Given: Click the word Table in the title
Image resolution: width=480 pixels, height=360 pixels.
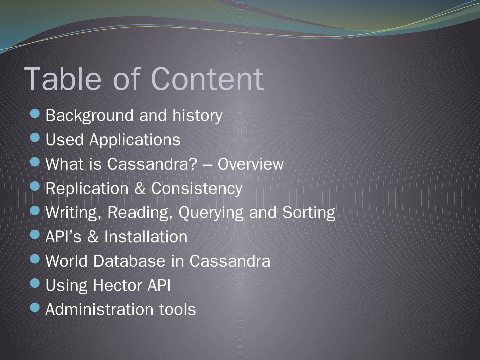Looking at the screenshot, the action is [x=63, y=79].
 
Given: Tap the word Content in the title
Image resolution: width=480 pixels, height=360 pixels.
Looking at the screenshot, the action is [x=207, y=79].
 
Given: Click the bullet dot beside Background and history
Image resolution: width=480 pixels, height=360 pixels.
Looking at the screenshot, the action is [x=35, y=113].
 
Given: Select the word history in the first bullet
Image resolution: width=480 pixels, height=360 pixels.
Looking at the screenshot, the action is [x=197, y=116].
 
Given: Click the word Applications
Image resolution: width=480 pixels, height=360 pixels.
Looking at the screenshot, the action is [x=135, y=140].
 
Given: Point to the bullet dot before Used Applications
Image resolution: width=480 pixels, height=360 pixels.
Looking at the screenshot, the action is [x=35, y=138].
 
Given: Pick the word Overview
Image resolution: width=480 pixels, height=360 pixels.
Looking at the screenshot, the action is [x=250, y=164].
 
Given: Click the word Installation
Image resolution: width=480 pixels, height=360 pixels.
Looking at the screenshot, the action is [x=146, y=237].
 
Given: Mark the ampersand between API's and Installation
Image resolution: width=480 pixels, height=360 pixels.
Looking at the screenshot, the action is [x=93, y=237].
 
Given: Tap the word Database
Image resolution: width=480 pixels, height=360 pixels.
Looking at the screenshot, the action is [x=129, y=261].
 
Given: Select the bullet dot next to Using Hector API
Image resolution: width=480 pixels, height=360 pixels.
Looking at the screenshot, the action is [x=35, y=283].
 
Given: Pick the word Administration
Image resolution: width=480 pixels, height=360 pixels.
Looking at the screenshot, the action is [x=99, y=310].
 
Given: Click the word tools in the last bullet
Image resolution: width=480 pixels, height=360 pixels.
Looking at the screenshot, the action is [x=177, y=310].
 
